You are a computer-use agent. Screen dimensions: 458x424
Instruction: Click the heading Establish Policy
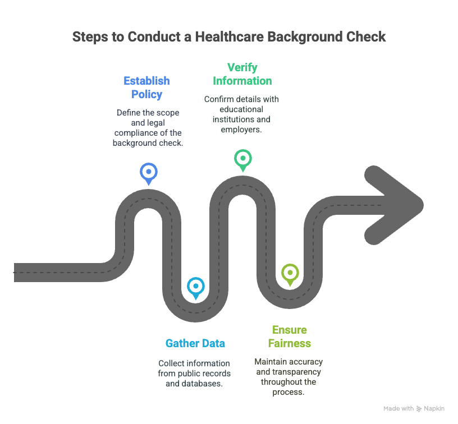(x=146, y=87)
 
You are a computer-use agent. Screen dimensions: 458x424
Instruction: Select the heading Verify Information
(x=242, y=74)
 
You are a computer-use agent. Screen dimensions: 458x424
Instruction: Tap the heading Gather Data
(x=195, y=343)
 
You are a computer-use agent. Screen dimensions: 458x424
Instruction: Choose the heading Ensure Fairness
(x=290, y=337)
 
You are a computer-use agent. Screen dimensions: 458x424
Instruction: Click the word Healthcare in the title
(x=230, y=37)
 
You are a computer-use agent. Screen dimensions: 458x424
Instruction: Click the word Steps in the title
(x=90, y=38)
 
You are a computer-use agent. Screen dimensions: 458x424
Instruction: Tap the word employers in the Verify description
(x=241, y=130)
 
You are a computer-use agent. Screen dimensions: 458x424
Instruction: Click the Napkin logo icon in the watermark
(x=419, y=409)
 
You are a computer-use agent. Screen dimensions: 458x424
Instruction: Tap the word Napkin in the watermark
(x=434, y=408)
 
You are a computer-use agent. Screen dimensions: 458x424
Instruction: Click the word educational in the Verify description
(x=241, y=109)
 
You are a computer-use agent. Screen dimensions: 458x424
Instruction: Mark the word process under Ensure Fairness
(x=288, y=392)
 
